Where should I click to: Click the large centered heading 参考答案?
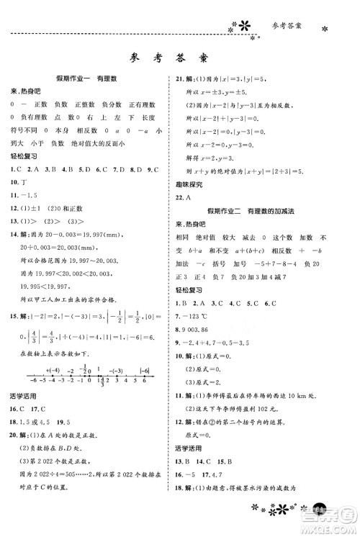pyautogui.click(x=181, y=58)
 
